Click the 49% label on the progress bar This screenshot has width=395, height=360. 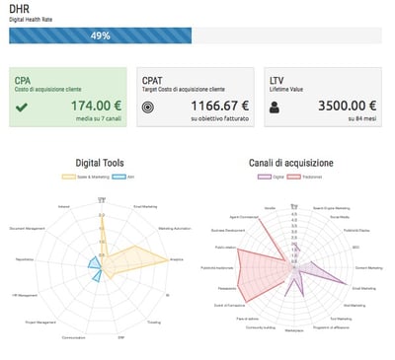tap(100, 36)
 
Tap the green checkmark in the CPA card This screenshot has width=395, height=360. tap(22, 107)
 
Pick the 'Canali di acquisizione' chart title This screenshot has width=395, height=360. tap(293, 163)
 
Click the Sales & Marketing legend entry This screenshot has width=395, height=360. tap(86, 177)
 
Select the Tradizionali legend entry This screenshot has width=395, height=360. tap(315, 177)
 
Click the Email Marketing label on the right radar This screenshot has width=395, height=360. tap(364, 288)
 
